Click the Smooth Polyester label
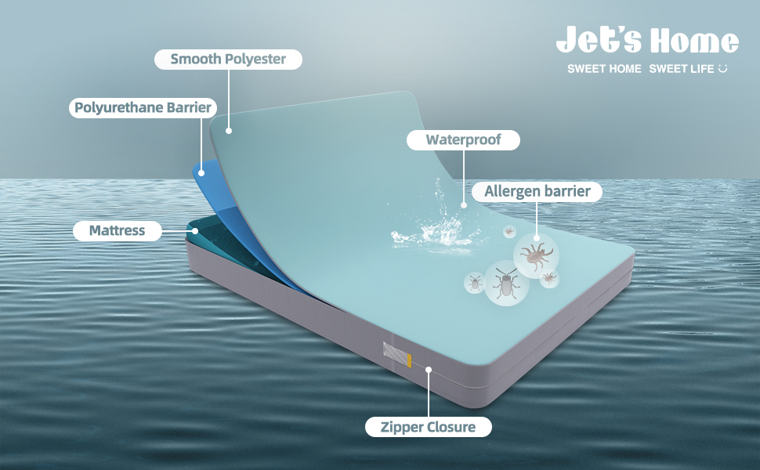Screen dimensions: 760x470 [x=228, y=59]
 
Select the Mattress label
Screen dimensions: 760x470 [x=117, y=231]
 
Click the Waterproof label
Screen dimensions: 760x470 [x=463, y=140]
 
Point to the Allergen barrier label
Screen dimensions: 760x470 [x=537, y=191]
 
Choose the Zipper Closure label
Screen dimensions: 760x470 [x=429, y=427]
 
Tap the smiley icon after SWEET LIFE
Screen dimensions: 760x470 [x=722, y=69]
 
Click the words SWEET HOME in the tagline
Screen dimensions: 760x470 [x=604, y=69]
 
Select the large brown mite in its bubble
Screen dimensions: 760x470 [x=536, y=255]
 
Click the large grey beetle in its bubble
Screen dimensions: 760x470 [x=505, y=284]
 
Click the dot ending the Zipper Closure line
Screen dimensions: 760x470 [x=429, y=368]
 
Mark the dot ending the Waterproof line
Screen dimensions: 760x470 [x=463, y=206]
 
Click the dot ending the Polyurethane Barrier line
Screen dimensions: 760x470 [x=201, y=172]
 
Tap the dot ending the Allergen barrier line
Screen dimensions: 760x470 [x=537, y=237]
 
